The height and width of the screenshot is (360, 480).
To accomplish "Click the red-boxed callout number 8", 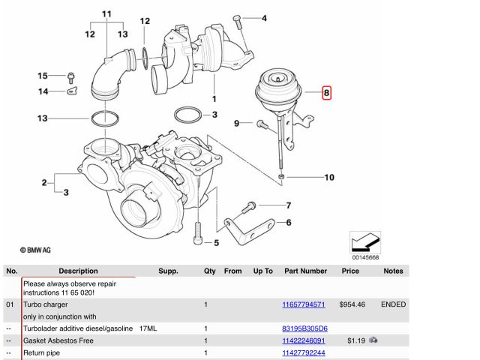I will (326, 94).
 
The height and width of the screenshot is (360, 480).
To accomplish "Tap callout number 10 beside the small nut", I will (329, 178).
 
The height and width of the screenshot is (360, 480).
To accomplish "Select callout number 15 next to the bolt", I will (43, 76).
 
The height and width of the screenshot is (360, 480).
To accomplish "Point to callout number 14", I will (43, 91).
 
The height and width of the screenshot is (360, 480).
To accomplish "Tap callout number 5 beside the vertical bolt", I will (216, 242).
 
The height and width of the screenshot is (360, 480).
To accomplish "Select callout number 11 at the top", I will (106, 14).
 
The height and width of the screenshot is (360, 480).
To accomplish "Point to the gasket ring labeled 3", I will (187, 115).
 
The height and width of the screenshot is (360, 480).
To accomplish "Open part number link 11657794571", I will (303, 305).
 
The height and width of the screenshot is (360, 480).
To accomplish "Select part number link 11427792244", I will (303, 352).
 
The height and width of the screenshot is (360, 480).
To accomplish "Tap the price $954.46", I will (351, 305).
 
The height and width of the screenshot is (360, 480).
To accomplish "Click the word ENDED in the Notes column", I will (393, 305).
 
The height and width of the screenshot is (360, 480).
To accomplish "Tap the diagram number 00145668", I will (364, 257).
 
